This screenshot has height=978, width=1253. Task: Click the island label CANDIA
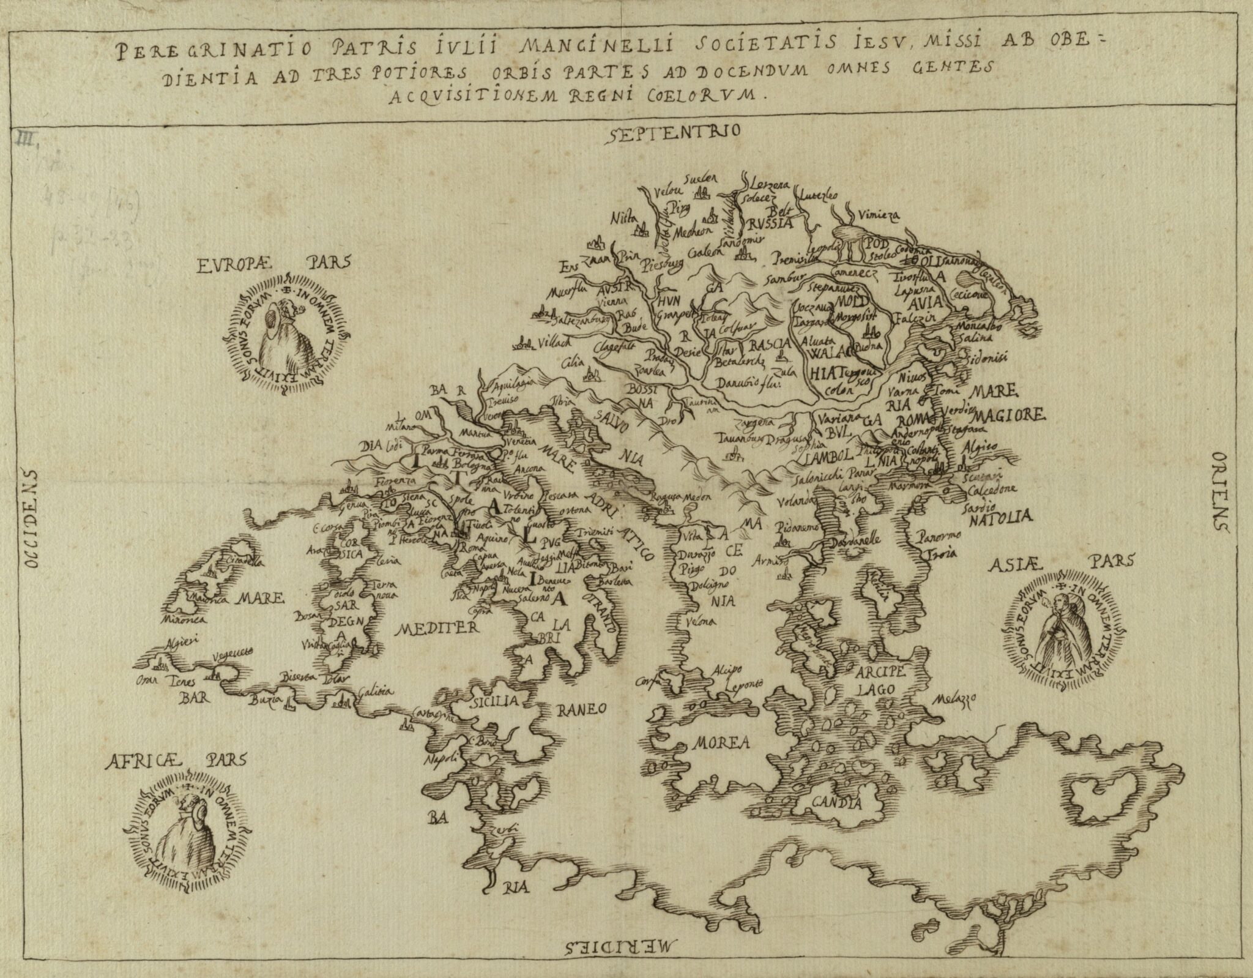(836, 802)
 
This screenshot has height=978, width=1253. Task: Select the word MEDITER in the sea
(437, 628)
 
